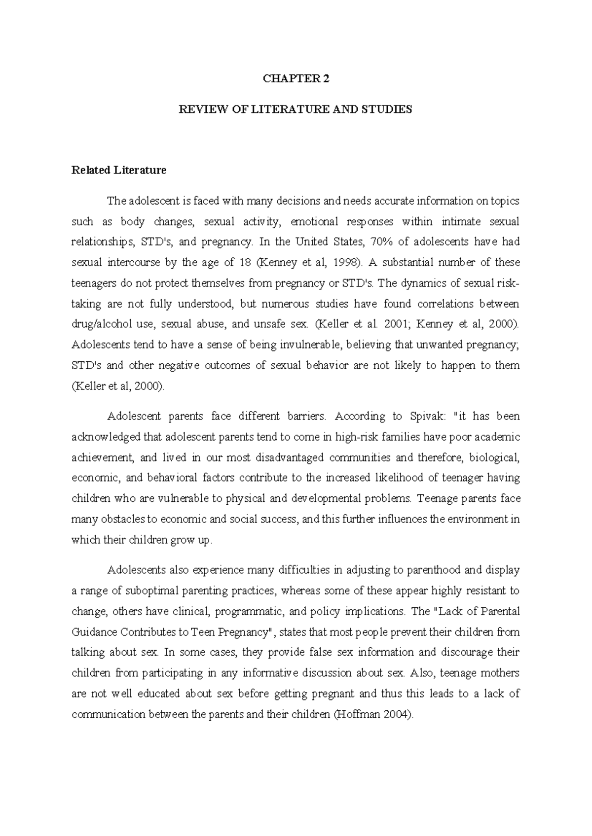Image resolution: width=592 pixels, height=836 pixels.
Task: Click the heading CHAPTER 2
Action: (296, 79)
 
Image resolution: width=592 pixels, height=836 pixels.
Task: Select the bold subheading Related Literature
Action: (119, 171)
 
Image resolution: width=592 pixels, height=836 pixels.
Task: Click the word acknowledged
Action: (106, 437)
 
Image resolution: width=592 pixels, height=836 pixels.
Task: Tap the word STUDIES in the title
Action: (389, 109)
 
